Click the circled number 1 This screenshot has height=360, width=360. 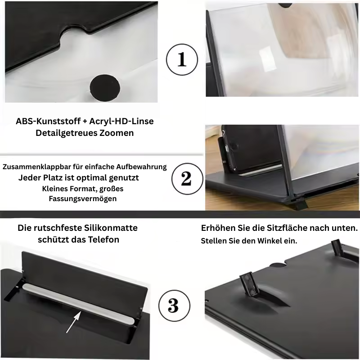pyautogui.click(x=182, y=59)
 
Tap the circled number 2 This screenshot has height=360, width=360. pyautogui.click(x=187, y=179)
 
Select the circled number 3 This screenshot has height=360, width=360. pyautogui.click(x=175, y=306)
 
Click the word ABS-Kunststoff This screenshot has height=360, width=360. pyautogui.click(x=48, y=121)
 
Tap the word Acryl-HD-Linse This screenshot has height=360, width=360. pyautogui.click(x=121, y=121)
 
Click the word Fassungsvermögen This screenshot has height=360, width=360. pyautogui.click(x=83, y=198)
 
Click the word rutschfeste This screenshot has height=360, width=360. pyautogui.click(x=58, y=228)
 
